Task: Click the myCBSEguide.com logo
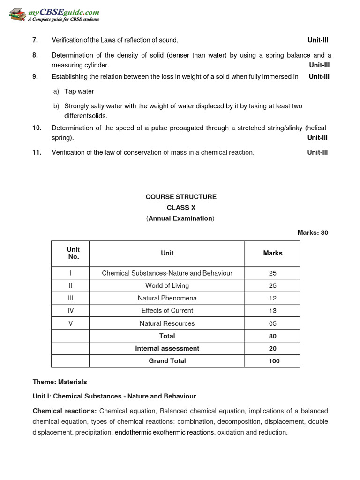click(x=54, y=14)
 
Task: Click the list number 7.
click(x=35, y=40)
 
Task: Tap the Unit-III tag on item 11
click(x=317, y=152)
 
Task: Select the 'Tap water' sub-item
click(x=79, y=91)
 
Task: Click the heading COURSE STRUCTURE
click(x=181, y=197)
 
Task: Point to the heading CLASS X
click(x=181, y=208)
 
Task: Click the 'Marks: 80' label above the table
click(x=313, y=232)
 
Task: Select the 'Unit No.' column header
click(x=73, y=253)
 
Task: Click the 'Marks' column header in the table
click(x=273, y=253)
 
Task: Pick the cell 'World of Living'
click(x=167, y=285)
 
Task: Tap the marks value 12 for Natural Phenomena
click(x=273, y=298)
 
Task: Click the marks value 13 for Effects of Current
click(x=273, y=311)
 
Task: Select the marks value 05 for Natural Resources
click(x=273, y=323)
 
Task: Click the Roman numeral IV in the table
click(x=70, y=311)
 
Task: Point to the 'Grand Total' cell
click(x=167, y=361)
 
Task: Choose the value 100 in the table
click(x=274, y=361)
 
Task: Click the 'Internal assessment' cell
click(x=167, y=348)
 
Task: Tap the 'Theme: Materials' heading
click(x=60, y=382)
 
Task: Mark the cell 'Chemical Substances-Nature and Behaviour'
click(x=167, y=273)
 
